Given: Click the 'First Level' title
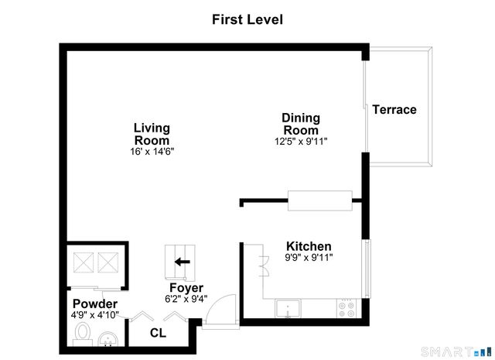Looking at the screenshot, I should (247, 19).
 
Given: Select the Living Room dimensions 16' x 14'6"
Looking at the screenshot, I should (152, 152).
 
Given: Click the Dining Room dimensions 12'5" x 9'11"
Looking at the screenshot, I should (300, 142).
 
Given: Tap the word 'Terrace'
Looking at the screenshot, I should (394, 110).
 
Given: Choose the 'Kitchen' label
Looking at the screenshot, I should (309, 246).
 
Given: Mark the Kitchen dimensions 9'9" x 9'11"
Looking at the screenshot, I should (309, 258).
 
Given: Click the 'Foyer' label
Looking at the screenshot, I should (186, 288).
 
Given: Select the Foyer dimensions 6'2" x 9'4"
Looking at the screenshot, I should (186, 299).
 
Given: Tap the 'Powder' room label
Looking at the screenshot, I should (95, 303).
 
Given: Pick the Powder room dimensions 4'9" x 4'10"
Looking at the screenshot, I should (95, 314).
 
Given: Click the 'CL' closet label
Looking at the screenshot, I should (158, 334).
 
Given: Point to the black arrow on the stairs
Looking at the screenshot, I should (182, 262).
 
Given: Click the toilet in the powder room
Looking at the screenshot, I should (83, 334).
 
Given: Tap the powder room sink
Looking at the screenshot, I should (108, 338).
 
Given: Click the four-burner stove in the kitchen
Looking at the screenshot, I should (346, 309).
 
